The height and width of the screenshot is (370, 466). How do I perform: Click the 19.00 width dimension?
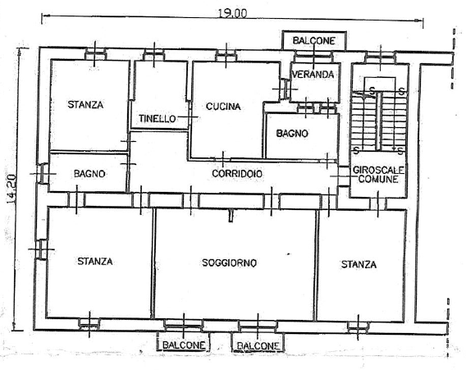point(232,13)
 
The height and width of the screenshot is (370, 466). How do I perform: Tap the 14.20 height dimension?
point(12,189)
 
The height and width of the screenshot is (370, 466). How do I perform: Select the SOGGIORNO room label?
point(229,263)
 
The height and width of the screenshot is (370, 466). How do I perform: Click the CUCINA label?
point(223,107)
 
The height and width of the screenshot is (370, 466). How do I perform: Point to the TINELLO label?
point(158,119)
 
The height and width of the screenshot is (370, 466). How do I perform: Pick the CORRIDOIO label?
point(237,174)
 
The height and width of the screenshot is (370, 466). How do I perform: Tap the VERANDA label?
point(313,75)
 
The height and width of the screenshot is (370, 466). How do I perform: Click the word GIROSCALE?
point(378,171)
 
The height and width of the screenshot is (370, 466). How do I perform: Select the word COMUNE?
point(378,179)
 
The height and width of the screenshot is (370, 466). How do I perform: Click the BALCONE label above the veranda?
point(314,41)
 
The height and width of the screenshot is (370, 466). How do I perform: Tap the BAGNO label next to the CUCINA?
point(292,134)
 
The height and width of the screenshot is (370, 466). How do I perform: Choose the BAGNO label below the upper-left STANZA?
point(89,174)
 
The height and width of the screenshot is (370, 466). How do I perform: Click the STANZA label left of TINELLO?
point(85,105)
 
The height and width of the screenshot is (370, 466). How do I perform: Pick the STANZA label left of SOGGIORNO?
point(95,261)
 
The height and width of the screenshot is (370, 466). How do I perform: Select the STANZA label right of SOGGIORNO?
point(359,264)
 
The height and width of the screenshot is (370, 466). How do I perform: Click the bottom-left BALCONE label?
point(184,345)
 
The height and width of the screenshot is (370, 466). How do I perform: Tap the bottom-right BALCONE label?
point(258,345)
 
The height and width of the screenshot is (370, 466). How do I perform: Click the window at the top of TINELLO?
point(153,55)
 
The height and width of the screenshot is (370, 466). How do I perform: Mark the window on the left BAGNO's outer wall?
point(42,174)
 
